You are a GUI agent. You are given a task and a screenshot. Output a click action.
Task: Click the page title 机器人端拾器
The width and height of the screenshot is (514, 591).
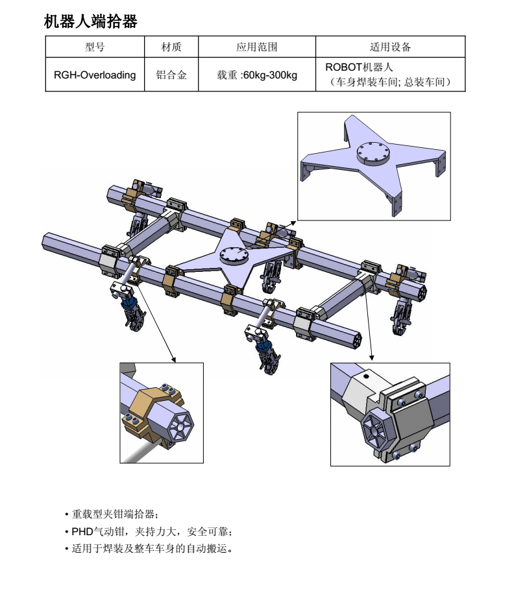tap(90, 21)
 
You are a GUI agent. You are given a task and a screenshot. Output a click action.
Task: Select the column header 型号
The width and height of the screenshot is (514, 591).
tap(94, 47)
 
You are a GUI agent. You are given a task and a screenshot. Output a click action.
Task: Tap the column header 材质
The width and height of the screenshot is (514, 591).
tap(171, 47)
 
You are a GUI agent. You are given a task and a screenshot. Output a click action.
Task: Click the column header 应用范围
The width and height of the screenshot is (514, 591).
tap(256, 47)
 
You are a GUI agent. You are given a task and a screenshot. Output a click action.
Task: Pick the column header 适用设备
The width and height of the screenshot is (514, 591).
tap(390, 47)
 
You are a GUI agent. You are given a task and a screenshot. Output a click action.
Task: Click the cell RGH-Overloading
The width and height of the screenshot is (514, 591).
tap(95, 75)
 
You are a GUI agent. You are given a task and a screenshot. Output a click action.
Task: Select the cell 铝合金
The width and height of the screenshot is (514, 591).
tap(171, 75)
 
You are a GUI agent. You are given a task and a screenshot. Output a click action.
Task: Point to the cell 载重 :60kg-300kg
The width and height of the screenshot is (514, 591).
tap(256, 75)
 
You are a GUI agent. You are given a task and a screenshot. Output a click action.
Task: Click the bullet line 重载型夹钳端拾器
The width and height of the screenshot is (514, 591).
tap(112, 514)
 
